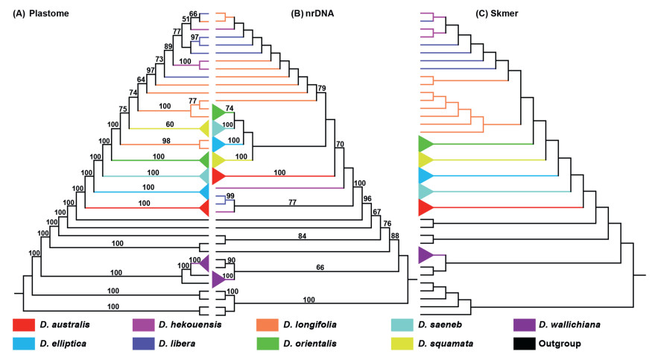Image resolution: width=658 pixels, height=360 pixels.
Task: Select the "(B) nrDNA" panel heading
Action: (x=318, y=13)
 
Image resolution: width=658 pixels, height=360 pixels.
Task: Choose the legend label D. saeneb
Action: (x=436, y=325)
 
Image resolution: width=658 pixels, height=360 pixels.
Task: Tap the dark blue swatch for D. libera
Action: (x=143, y=344)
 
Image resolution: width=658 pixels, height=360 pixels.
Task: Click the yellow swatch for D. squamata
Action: (x=402, y=344)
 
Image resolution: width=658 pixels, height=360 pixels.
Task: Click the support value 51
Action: (x=186, y=19)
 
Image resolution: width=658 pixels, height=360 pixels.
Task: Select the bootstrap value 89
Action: (x=169, y=46)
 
